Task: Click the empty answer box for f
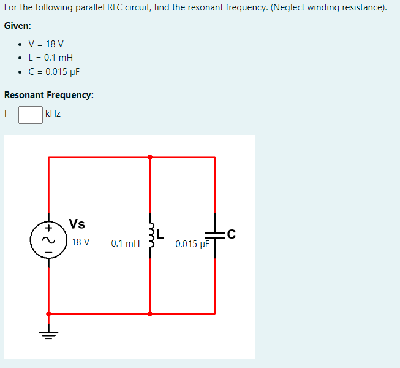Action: coord(30,114)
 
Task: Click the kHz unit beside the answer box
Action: coord(53,114)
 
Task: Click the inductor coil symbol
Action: coord(150,236)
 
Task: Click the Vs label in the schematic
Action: coord(77,224)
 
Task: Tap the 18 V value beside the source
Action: coord(80,242)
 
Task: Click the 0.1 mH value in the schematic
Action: coord(126,243)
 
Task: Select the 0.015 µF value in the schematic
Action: coord(192,244)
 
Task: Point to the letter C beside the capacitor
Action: coord(230,233)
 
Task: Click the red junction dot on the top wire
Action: coord(150,157)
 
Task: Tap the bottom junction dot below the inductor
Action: coord(150,313)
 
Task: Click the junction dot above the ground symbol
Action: coord(49,313)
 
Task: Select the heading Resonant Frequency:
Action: coord(49,95)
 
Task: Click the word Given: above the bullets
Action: coord(18,26)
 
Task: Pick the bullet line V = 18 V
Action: coord(46,44)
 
